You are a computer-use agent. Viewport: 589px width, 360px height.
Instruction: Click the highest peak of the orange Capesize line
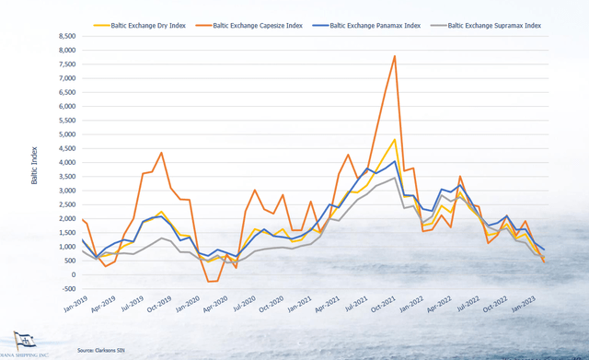pos(395,56)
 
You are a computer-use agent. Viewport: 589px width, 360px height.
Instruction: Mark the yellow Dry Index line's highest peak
pos(395,140)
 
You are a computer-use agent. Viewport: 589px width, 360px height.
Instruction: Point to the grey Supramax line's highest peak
pos(395,178)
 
